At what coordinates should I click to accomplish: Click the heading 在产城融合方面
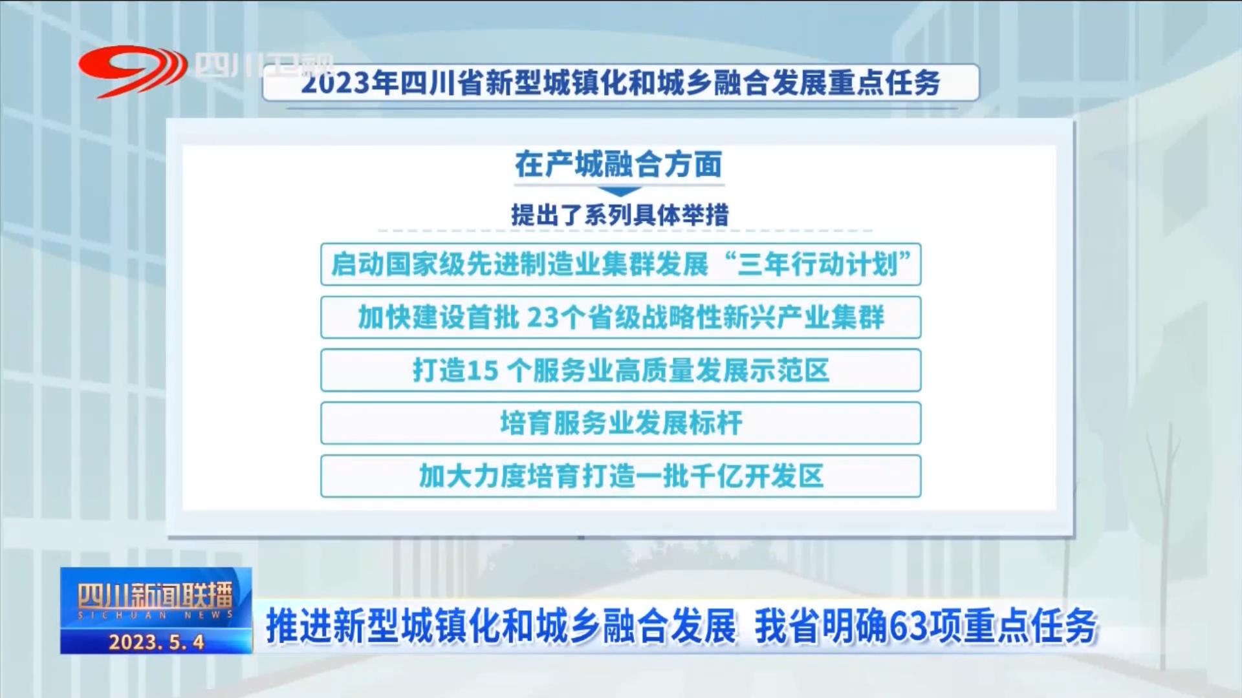pyautogui.click(x=618, y=164)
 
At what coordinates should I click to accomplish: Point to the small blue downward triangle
pyautogui.click(x=619, y=192)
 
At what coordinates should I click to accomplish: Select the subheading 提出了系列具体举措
pyautogui.click(x=620, y=215)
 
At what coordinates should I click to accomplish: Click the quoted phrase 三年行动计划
pyautogui.click(x=818, y=264)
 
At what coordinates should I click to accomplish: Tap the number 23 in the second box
pyautogui.click(x=542, y=317)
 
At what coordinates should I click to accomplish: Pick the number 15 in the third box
pyautogui.click(x=483, y=370)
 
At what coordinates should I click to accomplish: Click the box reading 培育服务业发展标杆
pyautogui.click(x=621, y=423)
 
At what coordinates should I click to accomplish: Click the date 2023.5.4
pyautogui.click(x=157, y=642)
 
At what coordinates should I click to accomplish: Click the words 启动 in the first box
pyautogui.click(x=358, y=264)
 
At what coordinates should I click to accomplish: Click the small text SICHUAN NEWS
pyautogui.click(x=155, y=615)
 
